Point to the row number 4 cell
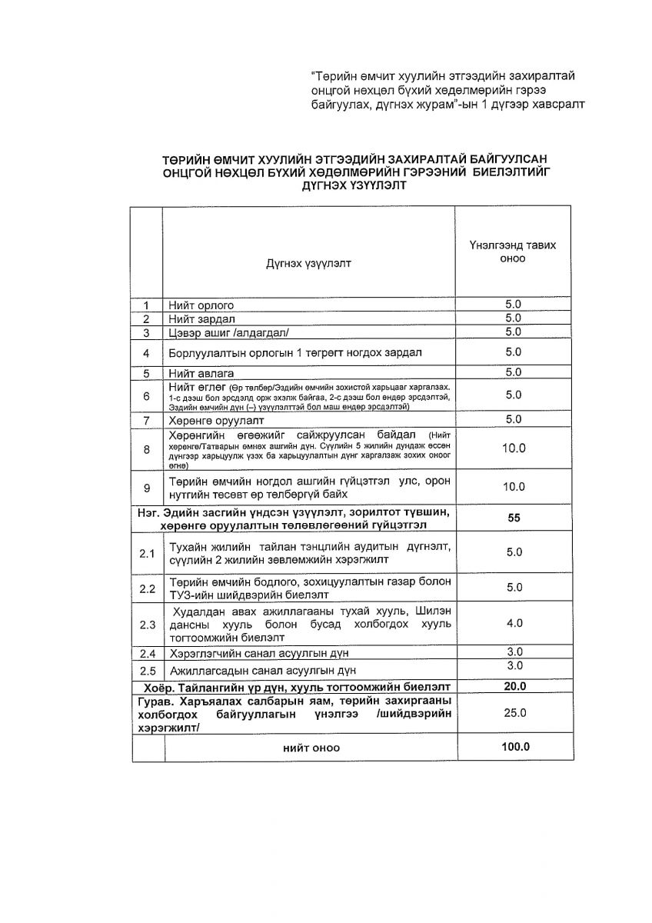146,353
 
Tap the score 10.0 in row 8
513,448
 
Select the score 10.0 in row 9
513,487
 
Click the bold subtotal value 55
513,518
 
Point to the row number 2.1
146,553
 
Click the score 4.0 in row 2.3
513,623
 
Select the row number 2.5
146,670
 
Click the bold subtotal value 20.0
513,686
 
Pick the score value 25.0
513,713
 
